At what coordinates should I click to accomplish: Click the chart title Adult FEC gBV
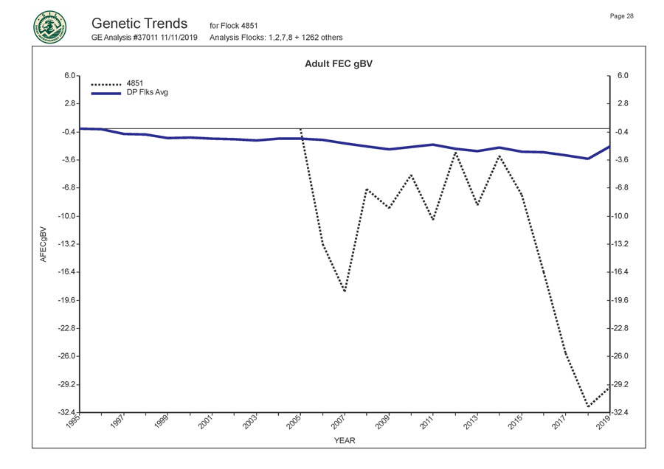pos(342,64)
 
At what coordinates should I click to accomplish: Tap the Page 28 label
pos(622,16)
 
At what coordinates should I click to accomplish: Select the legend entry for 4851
pos(135,83)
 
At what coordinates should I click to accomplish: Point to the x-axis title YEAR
pos(344,441)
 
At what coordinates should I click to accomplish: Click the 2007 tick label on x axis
pos(336,424)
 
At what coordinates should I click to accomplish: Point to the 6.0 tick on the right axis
pos(622,76)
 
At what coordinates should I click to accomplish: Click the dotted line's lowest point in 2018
pos(588,406)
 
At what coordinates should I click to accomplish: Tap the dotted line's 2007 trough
pos(345,291)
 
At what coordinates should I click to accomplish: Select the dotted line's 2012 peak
pos(456,152)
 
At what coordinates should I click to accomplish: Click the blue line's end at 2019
pos(609,146)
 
